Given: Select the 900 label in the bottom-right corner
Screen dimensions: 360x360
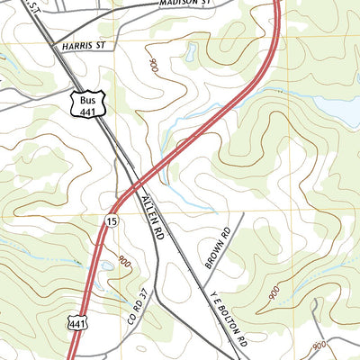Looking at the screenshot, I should [319, 346].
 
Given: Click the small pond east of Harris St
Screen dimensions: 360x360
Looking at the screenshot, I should [191, 53].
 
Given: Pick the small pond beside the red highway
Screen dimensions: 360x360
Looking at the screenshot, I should [107, 265].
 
